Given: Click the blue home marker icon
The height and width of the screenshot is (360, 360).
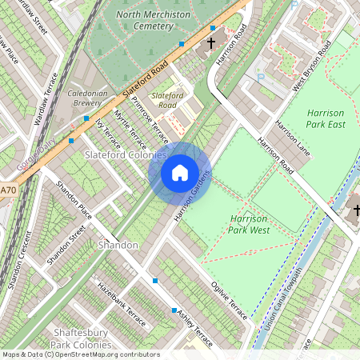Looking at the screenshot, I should (x=180, y=172).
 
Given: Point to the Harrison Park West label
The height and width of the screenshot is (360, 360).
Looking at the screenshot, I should (x=247, y=224).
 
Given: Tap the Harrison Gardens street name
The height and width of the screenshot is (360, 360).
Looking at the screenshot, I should (x=189, y=200).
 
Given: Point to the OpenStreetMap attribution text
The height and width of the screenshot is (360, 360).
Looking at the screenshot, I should (x=80, y=354).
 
